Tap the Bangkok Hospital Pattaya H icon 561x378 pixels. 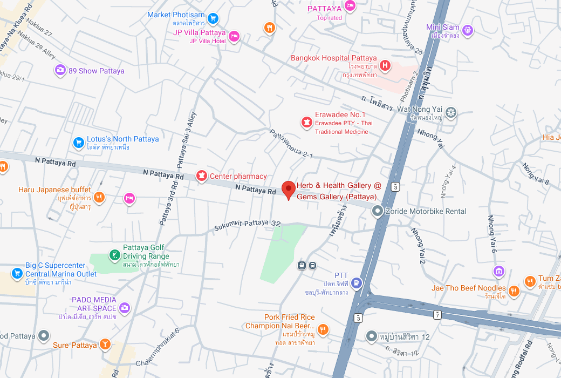[385, 66]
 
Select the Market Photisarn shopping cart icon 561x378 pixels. [213, 18]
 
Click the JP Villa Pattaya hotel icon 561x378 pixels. [234, 36]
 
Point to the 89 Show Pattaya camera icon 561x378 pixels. [60, 70]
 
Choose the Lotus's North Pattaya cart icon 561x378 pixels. [79, 143]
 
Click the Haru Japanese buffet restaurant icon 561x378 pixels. [99, 197]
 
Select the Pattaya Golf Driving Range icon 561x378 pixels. [114, 255]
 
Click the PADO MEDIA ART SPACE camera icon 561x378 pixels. [125, 307]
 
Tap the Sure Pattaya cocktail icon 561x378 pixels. [106, 344]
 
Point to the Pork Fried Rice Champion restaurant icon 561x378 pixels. [323, 329]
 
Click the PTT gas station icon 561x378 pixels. [356, 282]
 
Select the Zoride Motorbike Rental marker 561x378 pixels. [378, 211]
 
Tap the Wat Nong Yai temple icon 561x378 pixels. [451, 113]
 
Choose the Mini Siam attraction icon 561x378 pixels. [468, 30]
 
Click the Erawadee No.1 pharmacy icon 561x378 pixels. [306, 122]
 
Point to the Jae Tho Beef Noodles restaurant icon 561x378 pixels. [514, 291]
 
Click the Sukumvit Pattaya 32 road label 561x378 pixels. [248, 225]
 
